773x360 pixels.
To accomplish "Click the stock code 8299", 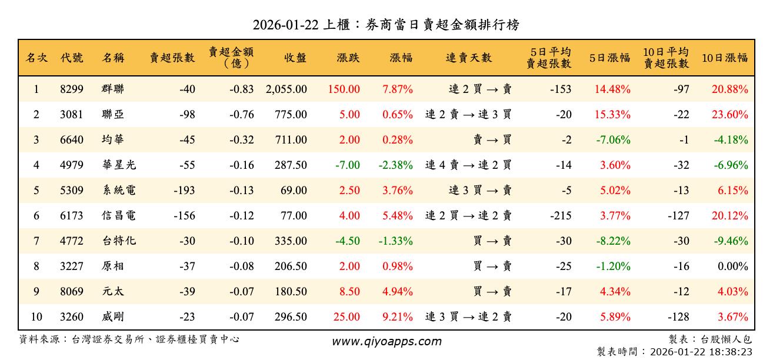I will click(72, 89).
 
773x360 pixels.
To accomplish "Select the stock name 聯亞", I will click(112, 115).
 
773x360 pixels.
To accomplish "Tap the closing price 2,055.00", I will click(286, 89).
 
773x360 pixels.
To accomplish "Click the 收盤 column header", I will click(295, 58).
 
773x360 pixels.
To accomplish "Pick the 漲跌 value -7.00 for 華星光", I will click(348, 165).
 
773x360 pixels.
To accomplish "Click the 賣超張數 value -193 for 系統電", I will click(184, 191).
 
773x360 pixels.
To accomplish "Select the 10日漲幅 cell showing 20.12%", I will click(729, 216).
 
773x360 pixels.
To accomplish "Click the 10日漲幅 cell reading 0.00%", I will click(734, 266).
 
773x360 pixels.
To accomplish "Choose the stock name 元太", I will click(112, 292).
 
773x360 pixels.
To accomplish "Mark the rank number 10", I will click(36, 317).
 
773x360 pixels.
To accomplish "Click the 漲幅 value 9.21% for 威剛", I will click(398, 317).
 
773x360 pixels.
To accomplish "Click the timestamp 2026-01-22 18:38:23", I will click(699, 352).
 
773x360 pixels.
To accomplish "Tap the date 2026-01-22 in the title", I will click(286, 25).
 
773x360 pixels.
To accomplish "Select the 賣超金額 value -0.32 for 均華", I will click(242, 140).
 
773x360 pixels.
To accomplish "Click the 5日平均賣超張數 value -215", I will click(561, 216).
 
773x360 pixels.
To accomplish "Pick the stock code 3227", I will click(72, 266).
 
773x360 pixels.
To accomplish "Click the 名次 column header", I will click(36, 58).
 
